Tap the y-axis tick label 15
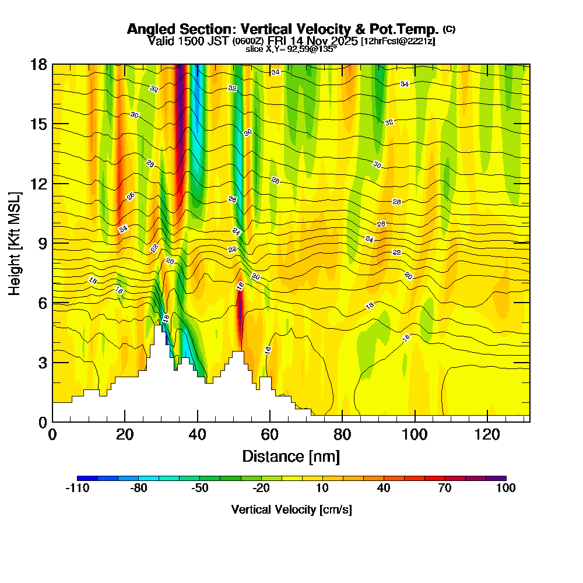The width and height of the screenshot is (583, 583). pos(39,124)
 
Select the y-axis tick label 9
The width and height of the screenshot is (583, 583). pos(43,243)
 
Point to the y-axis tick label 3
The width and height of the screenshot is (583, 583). pos(43,362)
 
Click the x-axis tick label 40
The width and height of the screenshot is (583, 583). pos(198,434)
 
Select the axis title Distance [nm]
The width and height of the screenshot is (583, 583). pos(291,455)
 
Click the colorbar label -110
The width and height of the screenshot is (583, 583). pos(77,489)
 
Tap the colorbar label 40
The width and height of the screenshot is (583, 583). pos(384,489)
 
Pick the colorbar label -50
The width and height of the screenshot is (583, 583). pos(199,489)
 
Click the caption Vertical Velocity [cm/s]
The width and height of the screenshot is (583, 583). pos(291,510)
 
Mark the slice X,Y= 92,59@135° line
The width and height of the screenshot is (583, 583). pos(291,49)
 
